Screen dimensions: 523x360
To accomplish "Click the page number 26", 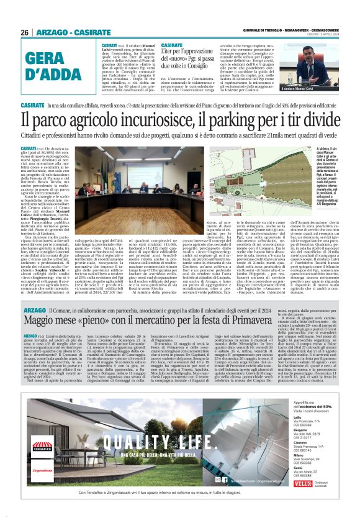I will pyautogui.click(x=24, y=32).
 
